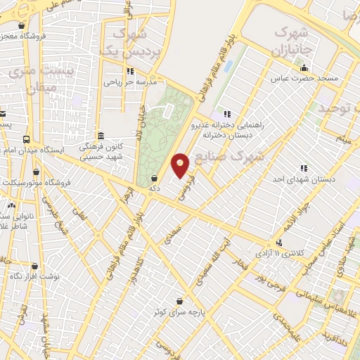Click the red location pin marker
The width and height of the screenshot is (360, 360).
click(181, 165)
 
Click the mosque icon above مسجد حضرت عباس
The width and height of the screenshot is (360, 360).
click(304, 68)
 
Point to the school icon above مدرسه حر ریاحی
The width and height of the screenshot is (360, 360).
click(130, 71)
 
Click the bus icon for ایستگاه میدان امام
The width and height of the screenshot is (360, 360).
click(27, 139)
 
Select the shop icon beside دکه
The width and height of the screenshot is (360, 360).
click(154, 179)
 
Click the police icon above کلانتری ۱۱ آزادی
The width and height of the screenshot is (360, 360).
click(280, 243)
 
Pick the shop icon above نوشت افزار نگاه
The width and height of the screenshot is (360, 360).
click(34, 266)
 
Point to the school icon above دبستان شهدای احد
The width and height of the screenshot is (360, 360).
click(304, 169)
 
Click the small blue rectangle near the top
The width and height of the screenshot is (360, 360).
click(229, 66)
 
